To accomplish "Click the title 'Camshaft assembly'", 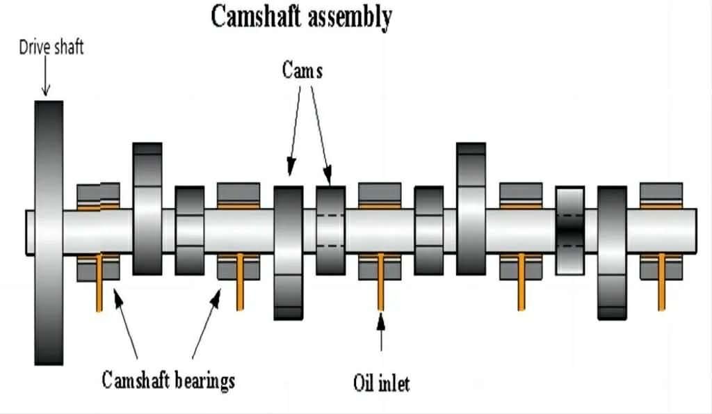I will click(301, 17).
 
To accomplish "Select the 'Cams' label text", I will click(302, 70).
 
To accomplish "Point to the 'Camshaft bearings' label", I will click(168, 381).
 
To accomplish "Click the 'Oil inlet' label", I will click(381, 383).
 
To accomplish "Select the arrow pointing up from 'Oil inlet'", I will click(381, 334).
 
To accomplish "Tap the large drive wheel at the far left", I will click(49, 232).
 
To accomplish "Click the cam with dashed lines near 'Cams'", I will click(330, 230).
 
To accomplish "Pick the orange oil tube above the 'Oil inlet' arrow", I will click(380, 282).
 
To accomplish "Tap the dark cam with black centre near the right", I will click(570, 230).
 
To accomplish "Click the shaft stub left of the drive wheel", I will click(30, 232).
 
